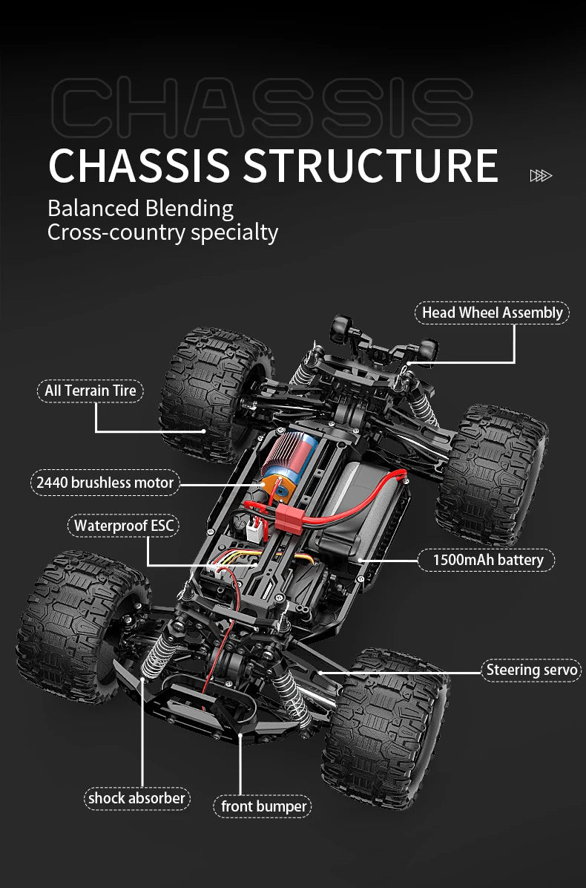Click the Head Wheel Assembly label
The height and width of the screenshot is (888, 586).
[x=492, y=313]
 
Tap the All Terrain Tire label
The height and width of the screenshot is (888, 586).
[x=90, y=391]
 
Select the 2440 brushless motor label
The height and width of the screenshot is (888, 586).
[x=105, y=483]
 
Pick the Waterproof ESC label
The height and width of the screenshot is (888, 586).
[x=124, y=526]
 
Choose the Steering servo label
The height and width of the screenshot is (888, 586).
[x=531, y=670]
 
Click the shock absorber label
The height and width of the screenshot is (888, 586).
[x=136, y=798]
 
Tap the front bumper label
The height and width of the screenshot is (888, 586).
[x=263, y=806]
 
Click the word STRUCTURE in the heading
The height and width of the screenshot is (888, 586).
[x=371, y=166]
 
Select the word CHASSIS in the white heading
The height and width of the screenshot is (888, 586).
[x=139, y=166]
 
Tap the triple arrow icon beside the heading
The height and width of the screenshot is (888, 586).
[x=541, y=175]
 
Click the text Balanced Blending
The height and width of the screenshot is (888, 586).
[x=140, y=208]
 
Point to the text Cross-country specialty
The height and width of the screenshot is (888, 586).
[x=162, y=232]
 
